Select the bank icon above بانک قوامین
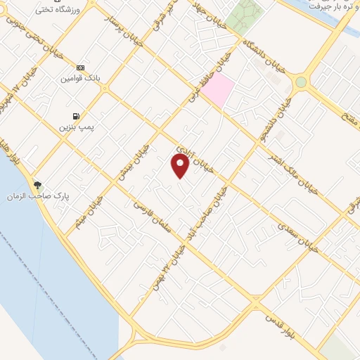(x=80, y=67)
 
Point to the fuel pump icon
(x=75, y=115)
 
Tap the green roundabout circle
(x=301, y=82)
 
